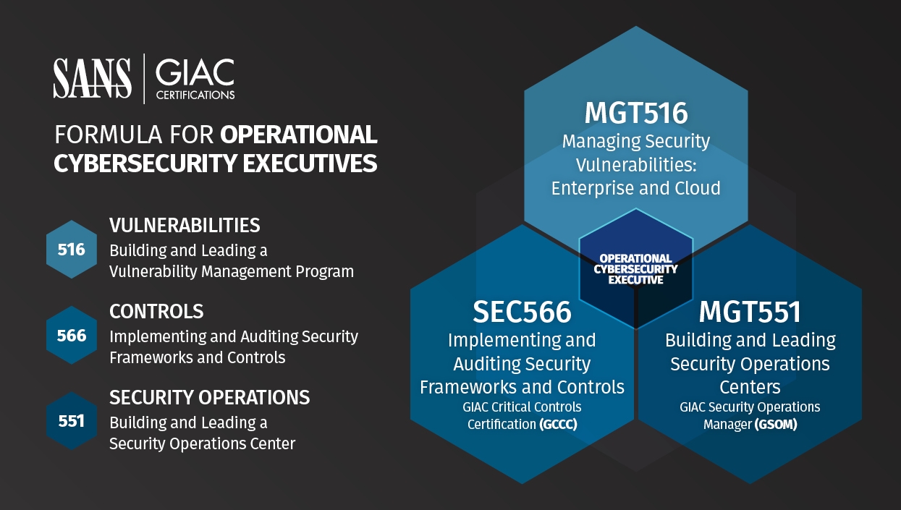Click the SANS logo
(92, 78)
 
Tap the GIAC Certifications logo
(195, 79)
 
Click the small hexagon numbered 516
(72, 250)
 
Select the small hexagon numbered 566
(72, 336)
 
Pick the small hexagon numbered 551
(72, 421)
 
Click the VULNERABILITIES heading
(185, 225)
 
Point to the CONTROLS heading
(156, 311)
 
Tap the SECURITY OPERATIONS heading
(210, 397)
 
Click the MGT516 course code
(636, 113)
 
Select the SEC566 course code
(522, 312)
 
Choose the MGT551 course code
(750, 312)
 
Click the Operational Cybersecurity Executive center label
(636, 269)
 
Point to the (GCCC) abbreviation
(558, 425)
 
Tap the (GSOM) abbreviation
(776, 425)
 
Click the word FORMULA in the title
(109, 135)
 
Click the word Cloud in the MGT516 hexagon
(698, 188)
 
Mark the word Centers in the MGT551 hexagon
(750, 387)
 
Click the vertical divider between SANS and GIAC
(144, 79)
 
